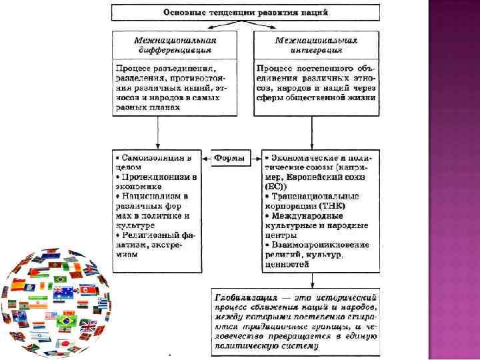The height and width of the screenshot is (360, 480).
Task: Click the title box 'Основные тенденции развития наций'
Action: pyautogui.click(x=245, y=12)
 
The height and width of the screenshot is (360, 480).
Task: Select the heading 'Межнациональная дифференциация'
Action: pyautogui.click(x=176, y=45)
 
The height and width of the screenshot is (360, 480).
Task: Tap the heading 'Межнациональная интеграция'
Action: pyautogui.click(x=317, y=45)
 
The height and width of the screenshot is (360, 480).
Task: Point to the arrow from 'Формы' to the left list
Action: pyautogui.click(x=209, y=159)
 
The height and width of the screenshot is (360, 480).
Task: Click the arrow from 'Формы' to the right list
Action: pyautogui.click(x=254, y=159)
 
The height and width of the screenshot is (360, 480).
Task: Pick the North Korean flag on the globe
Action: pyautogui.click(x=88, y=290)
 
